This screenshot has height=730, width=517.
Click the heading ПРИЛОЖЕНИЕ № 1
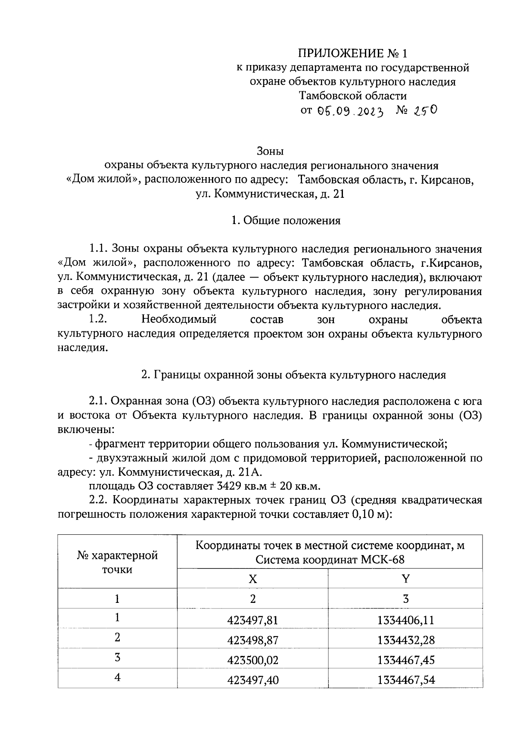(352, 53)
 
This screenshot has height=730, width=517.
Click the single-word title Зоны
(270, 152)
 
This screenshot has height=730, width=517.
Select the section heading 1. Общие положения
(286, 221)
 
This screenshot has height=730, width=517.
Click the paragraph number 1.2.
(98, 320)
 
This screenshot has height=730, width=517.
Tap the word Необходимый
(179, 320)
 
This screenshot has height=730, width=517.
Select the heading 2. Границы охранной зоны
(294, 375)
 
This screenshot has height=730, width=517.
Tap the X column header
(253, 579)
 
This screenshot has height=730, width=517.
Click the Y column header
(405, 579)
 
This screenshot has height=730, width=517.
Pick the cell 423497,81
(253, 620)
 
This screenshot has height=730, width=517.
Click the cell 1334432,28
(406, 640)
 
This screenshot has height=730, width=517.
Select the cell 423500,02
(253, 660)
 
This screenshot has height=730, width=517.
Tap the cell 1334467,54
(406, 680)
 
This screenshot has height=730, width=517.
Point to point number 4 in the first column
(117, 677)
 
